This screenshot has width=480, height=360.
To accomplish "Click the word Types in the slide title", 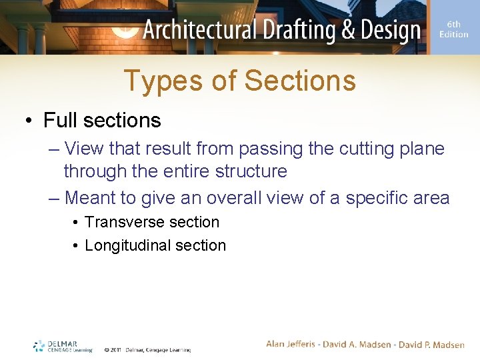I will [x=157, y=81].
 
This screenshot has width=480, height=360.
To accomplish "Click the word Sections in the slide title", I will [x=300, y=81].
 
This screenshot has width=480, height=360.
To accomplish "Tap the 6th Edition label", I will [x=454, y=29].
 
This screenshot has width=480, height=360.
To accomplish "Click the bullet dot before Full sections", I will [x=28, y=121].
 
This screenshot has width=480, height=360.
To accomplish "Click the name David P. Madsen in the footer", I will [x=433, y=345].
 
